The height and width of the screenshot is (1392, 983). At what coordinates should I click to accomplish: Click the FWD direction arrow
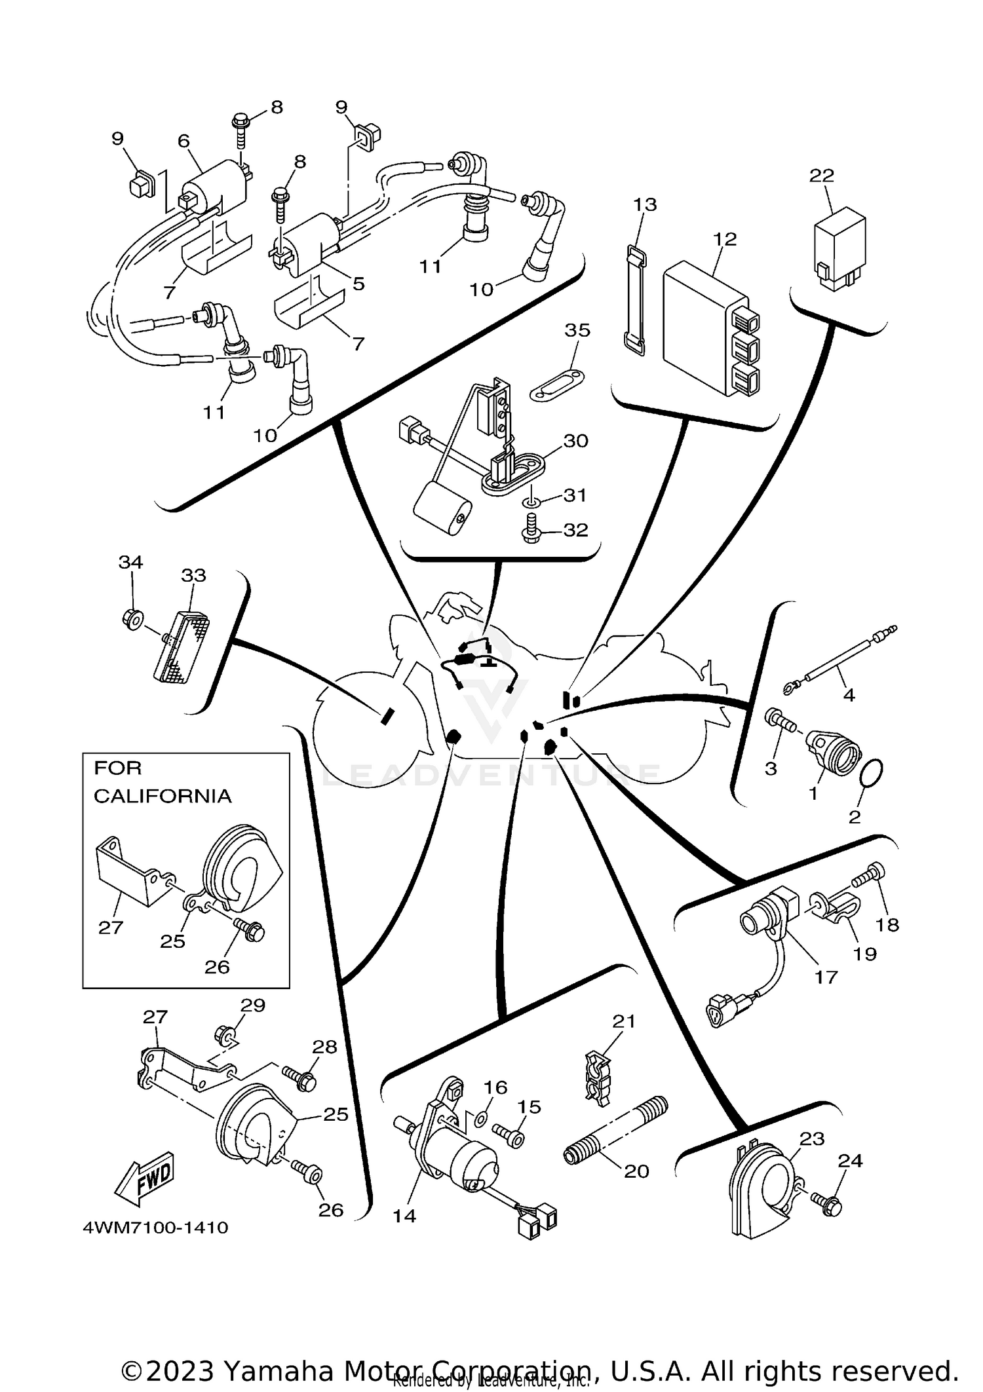pyautogui.click(x=144, y=1180)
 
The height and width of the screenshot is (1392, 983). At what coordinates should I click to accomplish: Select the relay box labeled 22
pyautogui.click(x=839, y=249)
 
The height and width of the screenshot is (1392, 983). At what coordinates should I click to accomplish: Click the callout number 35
pyautogui.click(x=577, y=330)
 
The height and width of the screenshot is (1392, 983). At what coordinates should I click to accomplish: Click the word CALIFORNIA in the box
pyautogui.click(x=162, y=796)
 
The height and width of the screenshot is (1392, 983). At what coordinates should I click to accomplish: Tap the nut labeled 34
pyautogui.click(x=131, y=617)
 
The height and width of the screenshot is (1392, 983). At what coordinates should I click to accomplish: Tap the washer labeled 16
pyautogui.click(x=480, y=1119)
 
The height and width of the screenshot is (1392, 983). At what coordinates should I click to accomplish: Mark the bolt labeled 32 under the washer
pyautogui.click(x=532, y=527)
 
